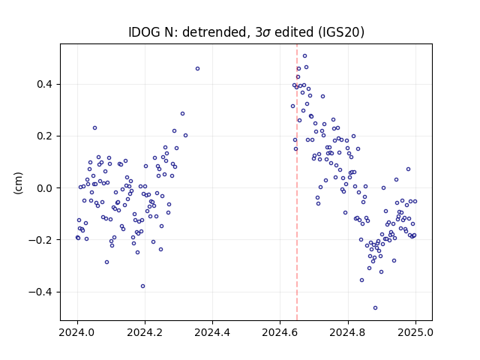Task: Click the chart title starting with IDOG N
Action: point(246,32)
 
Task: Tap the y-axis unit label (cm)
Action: point(18,183)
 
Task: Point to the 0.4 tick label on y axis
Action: point(46,84)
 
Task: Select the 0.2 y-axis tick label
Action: point(46,136)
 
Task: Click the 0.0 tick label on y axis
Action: point(46,188)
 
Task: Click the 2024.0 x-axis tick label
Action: point(77,332)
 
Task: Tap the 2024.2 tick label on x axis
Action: point(145,332)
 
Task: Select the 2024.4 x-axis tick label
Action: point(212,332)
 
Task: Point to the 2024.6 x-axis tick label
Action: point(280,332)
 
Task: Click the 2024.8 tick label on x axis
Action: point(348,332)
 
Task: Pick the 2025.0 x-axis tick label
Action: point(415,332)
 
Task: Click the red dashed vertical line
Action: point(297,182)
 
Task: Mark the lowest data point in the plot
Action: point(375,308)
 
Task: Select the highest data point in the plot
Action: point(305,56)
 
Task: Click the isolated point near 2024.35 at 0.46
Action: point(198,68)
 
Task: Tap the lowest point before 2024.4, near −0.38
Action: point(143,286)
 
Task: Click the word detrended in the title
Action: point(214,32)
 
